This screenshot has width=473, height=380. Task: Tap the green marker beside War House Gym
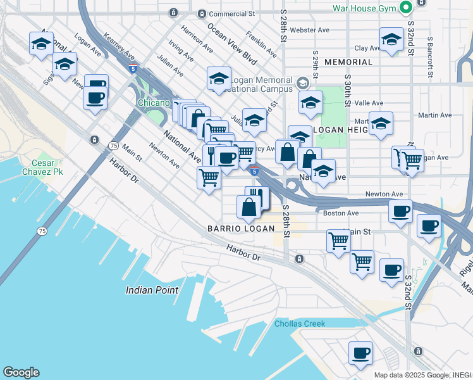click(x=404, y=8)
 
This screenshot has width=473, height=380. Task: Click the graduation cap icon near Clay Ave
click(x=391, y=40)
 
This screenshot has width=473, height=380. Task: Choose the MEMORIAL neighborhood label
click(x=348, y=62)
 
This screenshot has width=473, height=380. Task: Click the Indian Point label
click(x=152, y=290)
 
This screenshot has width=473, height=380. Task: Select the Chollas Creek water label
click(x=300, y=324)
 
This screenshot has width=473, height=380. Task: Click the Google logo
click(x=21, y=372)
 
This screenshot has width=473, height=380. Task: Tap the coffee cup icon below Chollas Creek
click(x=360, y=353)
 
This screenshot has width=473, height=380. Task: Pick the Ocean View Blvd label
click(x=227, y=43)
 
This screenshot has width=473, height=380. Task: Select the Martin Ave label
click(x=435, y=115)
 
